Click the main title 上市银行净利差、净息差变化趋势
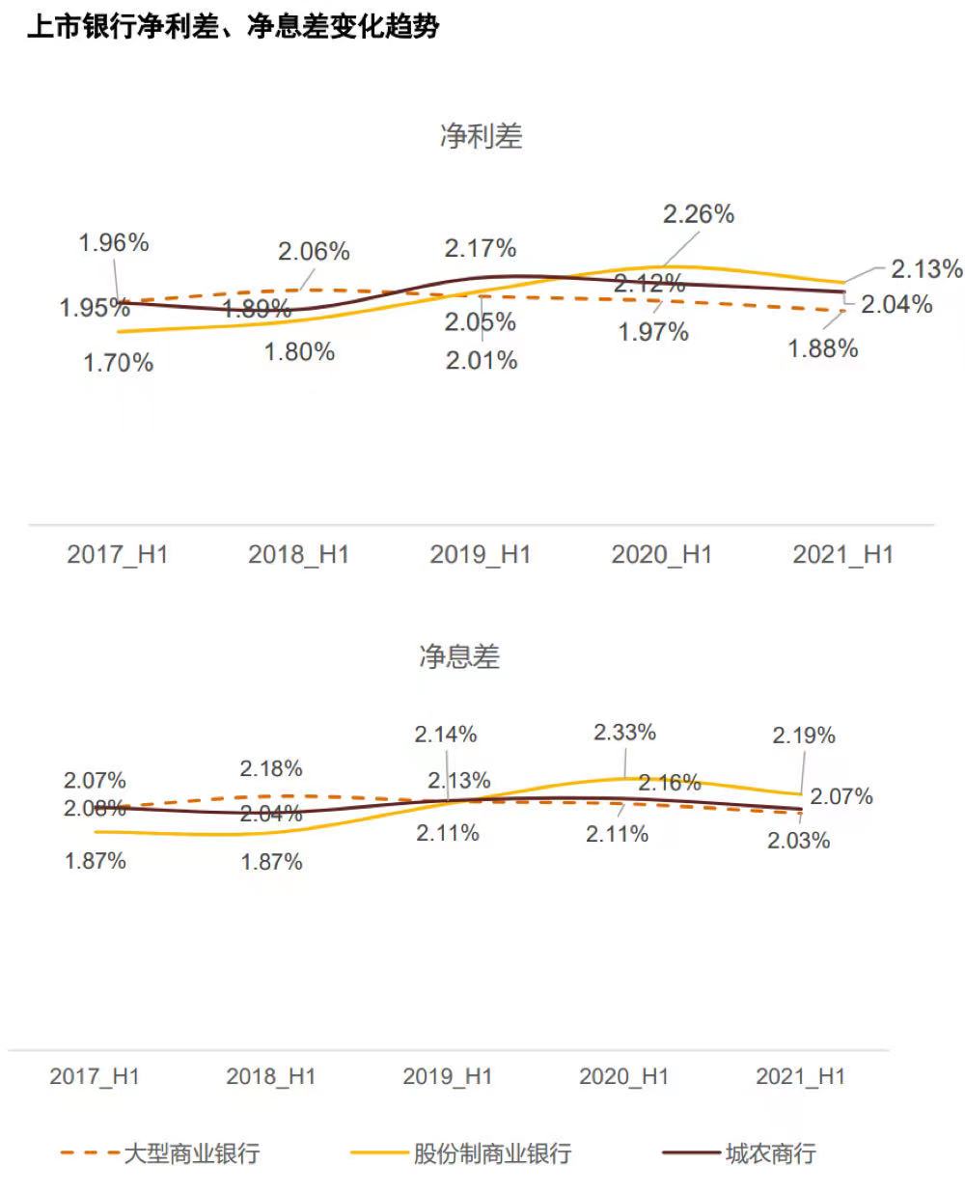pyautogui.click(x=233, y=27)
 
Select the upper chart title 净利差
pyautogui.click(x=481, y=137)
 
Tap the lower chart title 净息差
pyautogui.click(x=458, y=657)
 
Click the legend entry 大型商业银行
pyautogui.click(x=191, y=1152)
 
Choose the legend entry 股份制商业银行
pyautogui.click(x=492, y=1152)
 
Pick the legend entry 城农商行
pyautogui.click(x=770, y=1152)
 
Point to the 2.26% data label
pyautogui.click(x=698, y=214)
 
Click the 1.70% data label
pyautogui.click(x=118, y=363)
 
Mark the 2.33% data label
pyautogui.click(x=624, y=733)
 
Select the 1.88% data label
pyautogui.click(x=822, y=348)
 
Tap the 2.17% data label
pyautogui.click(x=480, y=249)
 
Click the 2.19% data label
pyautogui.click(x=803, y=735)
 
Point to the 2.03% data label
pyautogui.click(x=798, y=841)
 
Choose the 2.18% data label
pyautogui.click(x=271, y=769)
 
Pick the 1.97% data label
pyautogui.click(x=653, y=333)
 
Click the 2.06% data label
pyautogui.click(x=314, y=252)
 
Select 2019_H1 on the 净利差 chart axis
pyautogui.click(x=480, y=555)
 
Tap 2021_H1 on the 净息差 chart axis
pyautogui.click(x=800, y=1076)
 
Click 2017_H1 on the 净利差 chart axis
pyautogui.click(x=117, y=555)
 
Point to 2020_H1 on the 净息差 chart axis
pyautogui.click(x=623, y=1076)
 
